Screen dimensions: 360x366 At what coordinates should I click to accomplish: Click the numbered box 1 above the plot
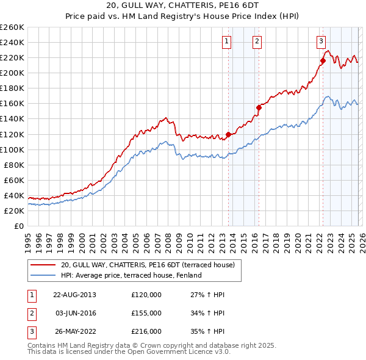pyautogui.click(x=226, y=41)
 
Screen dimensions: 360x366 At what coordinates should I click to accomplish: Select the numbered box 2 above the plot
pyautogui.click(x=257, y=41)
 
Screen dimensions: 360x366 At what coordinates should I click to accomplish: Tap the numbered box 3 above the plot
pyautogui.click(x=320, y=41)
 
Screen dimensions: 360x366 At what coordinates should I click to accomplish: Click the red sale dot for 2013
pyautogui.click(x=229, y=134)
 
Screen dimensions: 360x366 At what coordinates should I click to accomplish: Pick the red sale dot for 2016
pyautogui.click(x=259, y=107)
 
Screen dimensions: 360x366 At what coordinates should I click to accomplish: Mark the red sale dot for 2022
pyautogui.click(x=323, y=60)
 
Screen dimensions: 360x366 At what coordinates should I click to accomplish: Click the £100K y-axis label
pyautogui.click(x=12, y=149)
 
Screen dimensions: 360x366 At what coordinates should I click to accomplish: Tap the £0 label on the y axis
pyautogui.click(x=19, y=226)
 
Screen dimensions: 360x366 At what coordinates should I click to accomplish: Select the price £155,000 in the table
pyautogui.click(x=146, y=313)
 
